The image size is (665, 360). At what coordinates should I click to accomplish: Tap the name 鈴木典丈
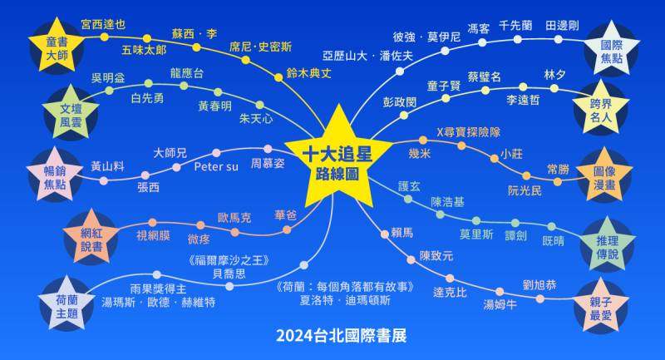(308, 73)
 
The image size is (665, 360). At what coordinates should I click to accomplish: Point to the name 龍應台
(186, 73)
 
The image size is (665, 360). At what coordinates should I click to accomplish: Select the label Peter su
(215, 166)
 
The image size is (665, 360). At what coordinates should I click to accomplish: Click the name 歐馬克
(234, 219)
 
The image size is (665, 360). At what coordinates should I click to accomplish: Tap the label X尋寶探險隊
(468, 131)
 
